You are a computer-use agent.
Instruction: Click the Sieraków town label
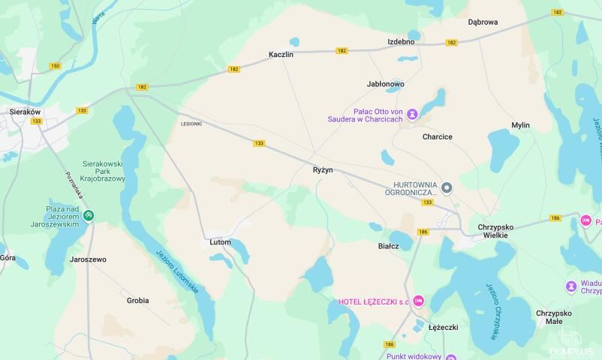tap(25, 111)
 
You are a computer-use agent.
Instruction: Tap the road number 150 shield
tap(55, 66)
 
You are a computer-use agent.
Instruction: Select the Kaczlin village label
tap(281, 55)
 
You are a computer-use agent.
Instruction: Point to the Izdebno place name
tap(401, 41)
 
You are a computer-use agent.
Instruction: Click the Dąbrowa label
tap(483, 22)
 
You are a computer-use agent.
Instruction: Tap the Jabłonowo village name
tap(386, 84)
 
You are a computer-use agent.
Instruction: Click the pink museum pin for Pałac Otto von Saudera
tap(412, 115)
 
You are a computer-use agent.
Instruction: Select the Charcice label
tap(437, 136)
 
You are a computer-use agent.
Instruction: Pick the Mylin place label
tap(520, 125)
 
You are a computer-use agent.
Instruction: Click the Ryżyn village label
tap(323, 170)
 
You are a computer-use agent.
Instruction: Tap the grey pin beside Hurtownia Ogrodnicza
tap(447, 188)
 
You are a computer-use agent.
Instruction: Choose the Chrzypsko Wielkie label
tap(492, 230)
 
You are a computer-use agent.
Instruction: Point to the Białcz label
tap(388, 245)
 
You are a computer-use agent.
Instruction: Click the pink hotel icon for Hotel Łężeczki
tap(419, 301)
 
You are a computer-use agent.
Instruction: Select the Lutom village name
tap(220, 242)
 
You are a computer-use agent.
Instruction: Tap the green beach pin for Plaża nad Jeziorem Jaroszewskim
tap(89, 216)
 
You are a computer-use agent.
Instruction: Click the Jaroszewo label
tap(88, 259)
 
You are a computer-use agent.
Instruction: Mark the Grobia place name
tap(137, 300)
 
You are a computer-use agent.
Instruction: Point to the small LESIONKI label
tap(191, 124)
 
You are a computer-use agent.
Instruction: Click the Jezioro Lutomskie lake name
tap(176, 270)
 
